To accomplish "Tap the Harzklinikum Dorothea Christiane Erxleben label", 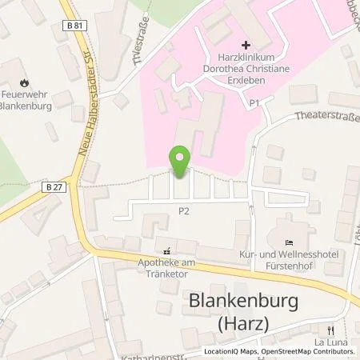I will pyautogui.click(x=245, y=70).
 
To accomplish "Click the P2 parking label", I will pyautogui.click(x=183, y=210).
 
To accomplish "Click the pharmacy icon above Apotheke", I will pyautogui.click(x=167, y=250).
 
